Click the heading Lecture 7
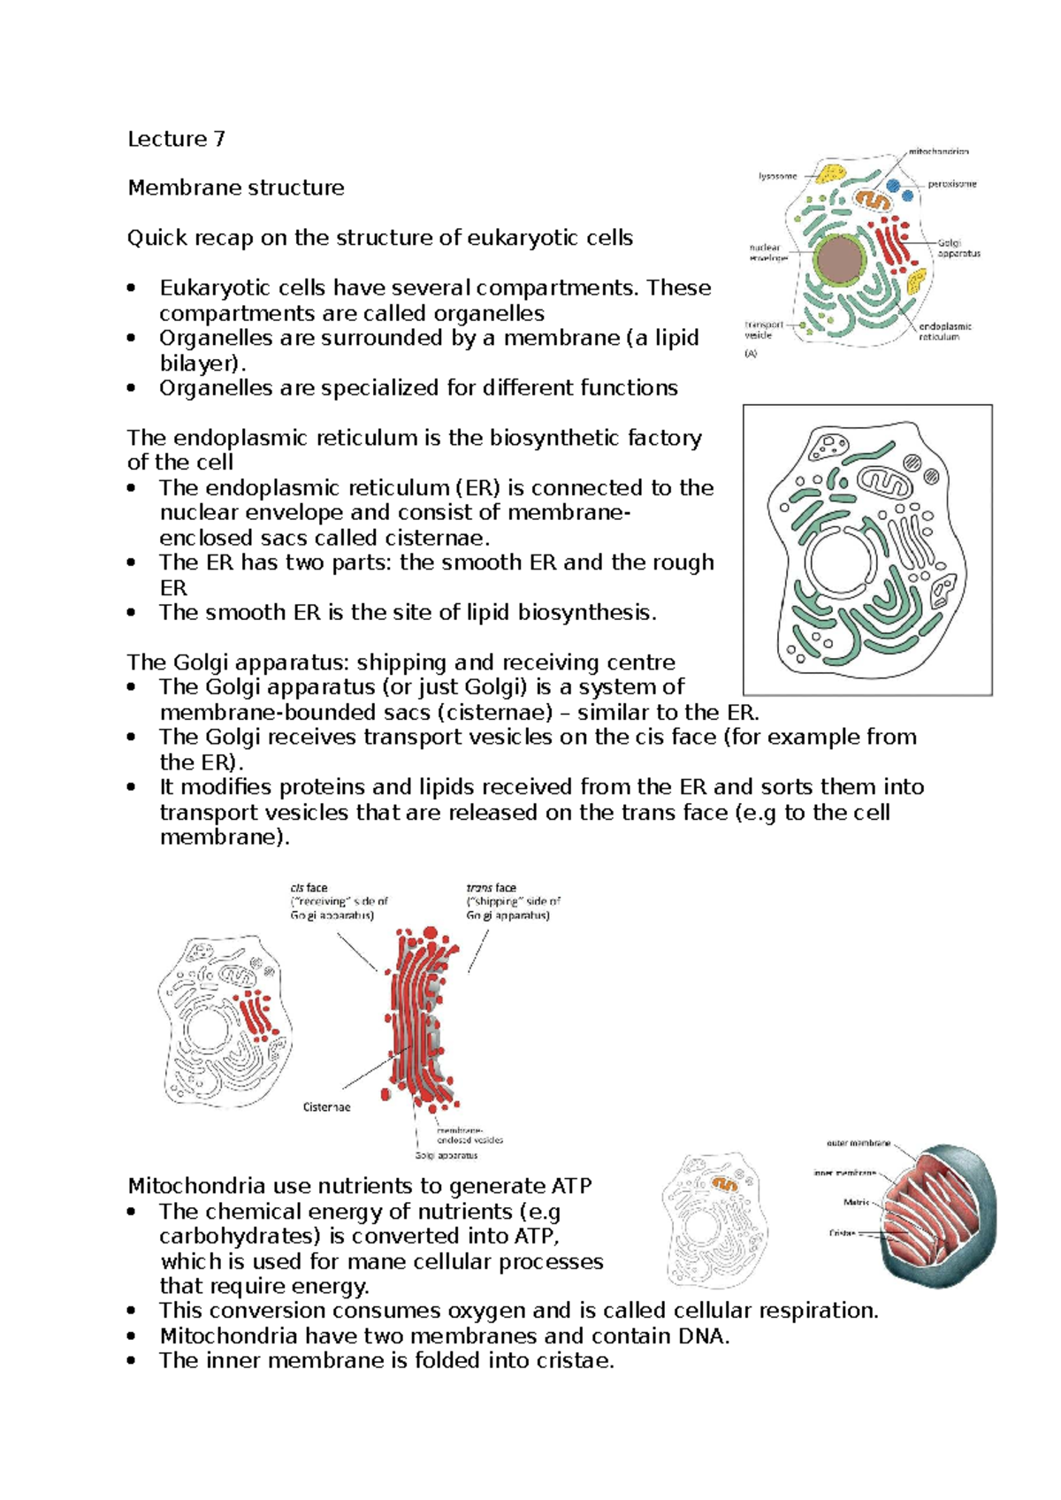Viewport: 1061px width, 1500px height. [176, 139]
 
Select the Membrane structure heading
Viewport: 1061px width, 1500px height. [235, 187]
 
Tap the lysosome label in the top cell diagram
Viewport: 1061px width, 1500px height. [777, 176]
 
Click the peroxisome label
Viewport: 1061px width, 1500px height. [951, 184]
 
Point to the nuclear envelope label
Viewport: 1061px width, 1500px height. [766, 253]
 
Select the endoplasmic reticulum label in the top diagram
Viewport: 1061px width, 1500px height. [944, 331]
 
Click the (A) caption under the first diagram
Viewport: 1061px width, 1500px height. [751, 354]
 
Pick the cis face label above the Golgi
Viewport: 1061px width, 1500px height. [309, 887]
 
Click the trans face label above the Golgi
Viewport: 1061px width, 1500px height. [491, 887]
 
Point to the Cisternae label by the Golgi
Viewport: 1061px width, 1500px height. [326, 1106]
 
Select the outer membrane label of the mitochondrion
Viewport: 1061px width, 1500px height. [858, 1144]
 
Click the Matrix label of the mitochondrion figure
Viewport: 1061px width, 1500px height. [856, 1202]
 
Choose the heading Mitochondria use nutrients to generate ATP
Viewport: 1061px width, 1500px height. [359, 1185]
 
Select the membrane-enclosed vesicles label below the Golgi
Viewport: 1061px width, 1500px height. [469, 1135]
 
